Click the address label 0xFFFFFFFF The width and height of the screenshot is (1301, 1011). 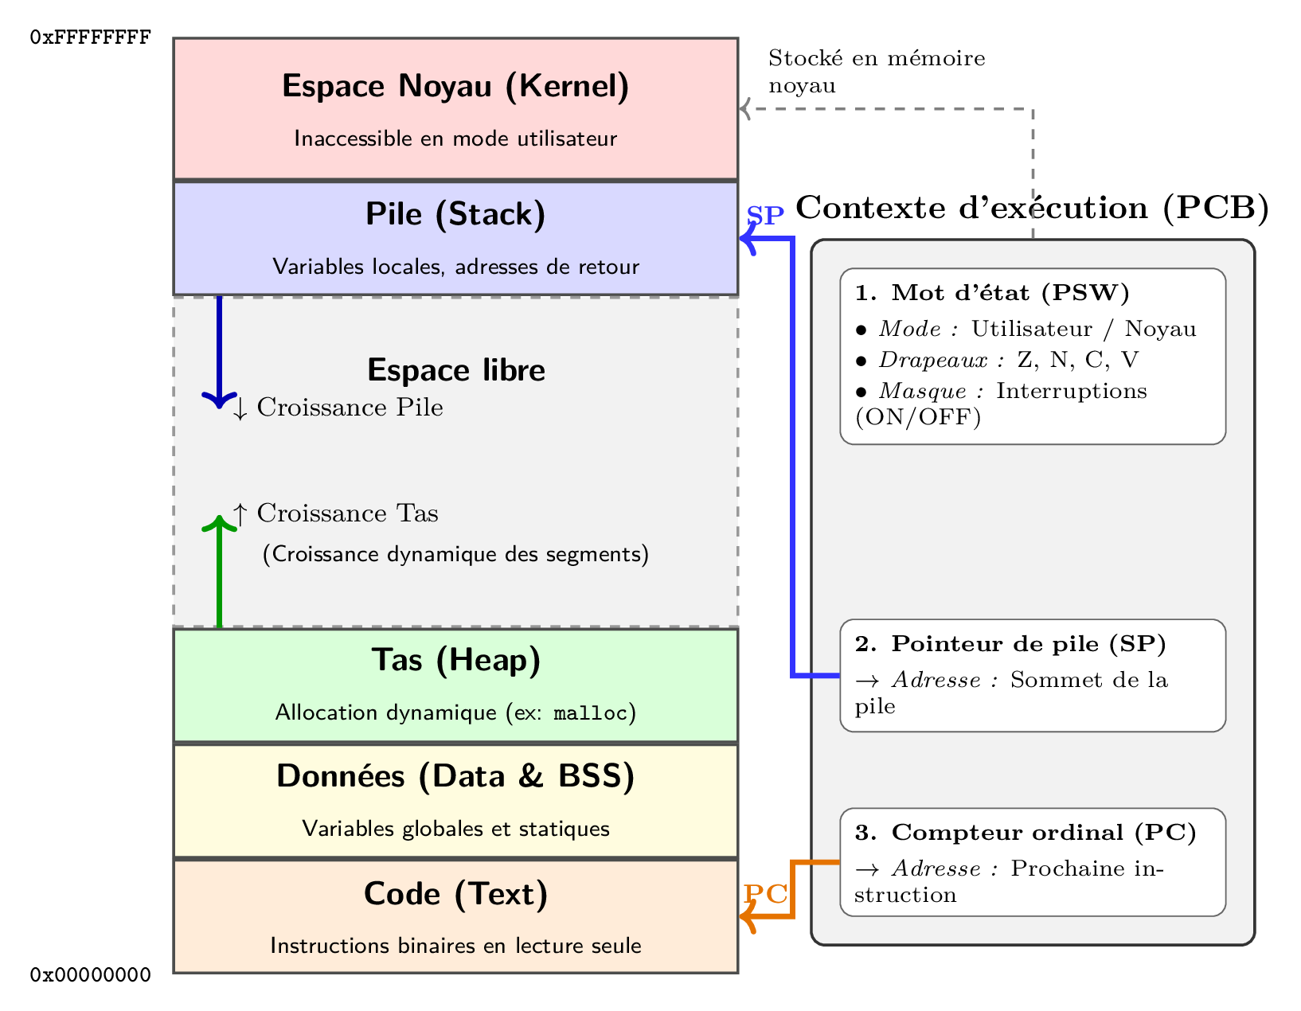pos(90,37)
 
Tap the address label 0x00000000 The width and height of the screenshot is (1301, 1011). pos(90,974)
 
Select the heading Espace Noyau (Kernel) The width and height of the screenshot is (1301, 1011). pos(455,86)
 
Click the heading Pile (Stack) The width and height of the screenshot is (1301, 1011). pos(455,214)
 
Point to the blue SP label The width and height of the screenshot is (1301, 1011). pos(765,216)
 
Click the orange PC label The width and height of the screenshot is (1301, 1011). pos(765,894)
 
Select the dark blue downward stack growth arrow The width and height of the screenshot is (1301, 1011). pos(219,350)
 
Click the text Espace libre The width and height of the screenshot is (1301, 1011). pos(456,370)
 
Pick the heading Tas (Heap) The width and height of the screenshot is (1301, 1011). pos(456,660)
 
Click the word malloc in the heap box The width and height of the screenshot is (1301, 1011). pos(590,713)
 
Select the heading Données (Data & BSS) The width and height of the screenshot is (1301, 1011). pos(455,776)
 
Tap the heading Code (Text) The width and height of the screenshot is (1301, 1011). pos(455,894)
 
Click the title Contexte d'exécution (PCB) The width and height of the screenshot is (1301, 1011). pos(1032,208)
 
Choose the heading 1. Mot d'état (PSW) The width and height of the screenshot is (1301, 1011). pos(992,293)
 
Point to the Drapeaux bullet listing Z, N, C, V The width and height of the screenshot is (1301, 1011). pos(997,360)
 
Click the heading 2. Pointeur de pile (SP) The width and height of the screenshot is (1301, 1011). pos(1010,644)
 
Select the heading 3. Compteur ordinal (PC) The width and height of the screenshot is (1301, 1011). pos(1026,833)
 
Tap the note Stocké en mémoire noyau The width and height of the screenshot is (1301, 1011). pos(876,72)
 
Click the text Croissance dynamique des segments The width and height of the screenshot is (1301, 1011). pos(455,554)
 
